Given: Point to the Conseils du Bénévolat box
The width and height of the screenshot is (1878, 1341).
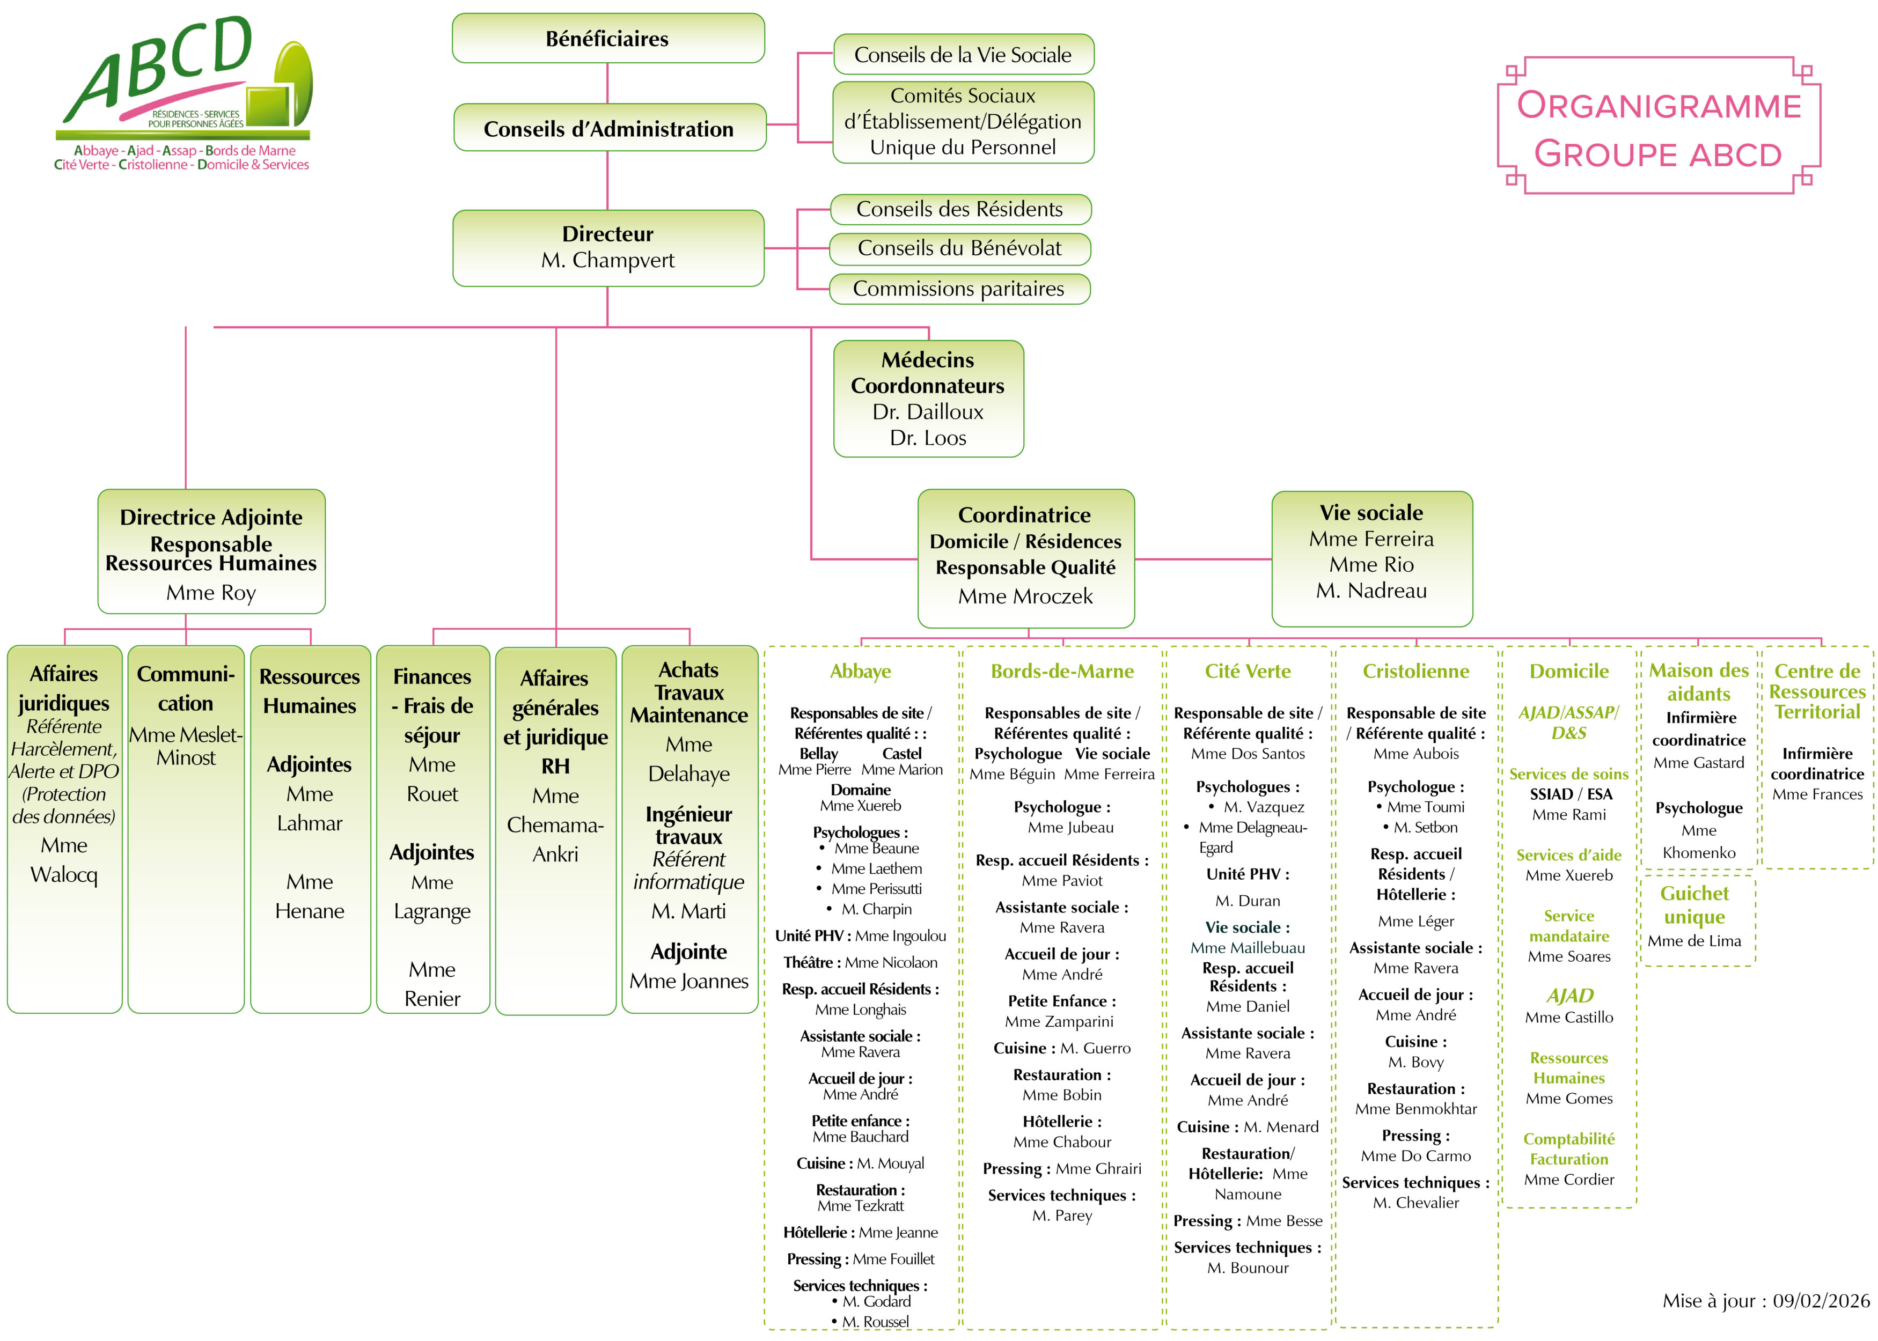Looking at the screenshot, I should (959, 248).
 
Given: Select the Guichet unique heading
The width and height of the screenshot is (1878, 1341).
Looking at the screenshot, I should (1694, 905).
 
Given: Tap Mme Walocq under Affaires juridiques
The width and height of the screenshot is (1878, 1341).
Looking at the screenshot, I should (64, 860).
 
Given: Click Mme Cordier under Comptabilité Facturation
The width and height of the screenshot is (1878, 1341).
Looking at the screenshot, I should (1568, 1179).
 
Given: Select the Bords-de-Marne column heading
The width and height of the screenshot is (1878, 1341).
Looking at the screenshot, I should (1062, 672).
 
